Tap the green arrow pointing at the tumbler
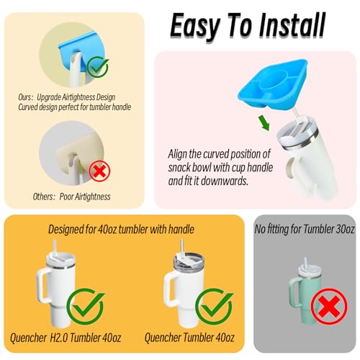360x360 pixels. pos(264,122)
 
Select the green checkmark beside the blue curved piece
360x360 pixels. pos(98,68)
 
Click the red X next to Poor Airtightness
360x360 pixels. pos(99,171)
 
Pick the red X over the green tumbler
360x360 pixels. pos(329,307)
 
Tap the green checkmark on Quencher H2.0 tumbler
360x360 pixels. pos(86,305)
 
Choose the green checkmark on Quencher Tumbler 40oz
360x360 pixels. pos(215,305)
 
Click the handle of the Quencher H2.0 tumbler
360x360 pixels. pos(42,285)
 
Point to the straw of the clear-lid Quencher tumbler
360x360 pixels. pos(182,247)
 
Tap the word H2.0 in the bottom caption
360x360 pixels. pos(59,338)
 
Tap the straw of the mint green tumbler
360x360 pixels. pos(306,263)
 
